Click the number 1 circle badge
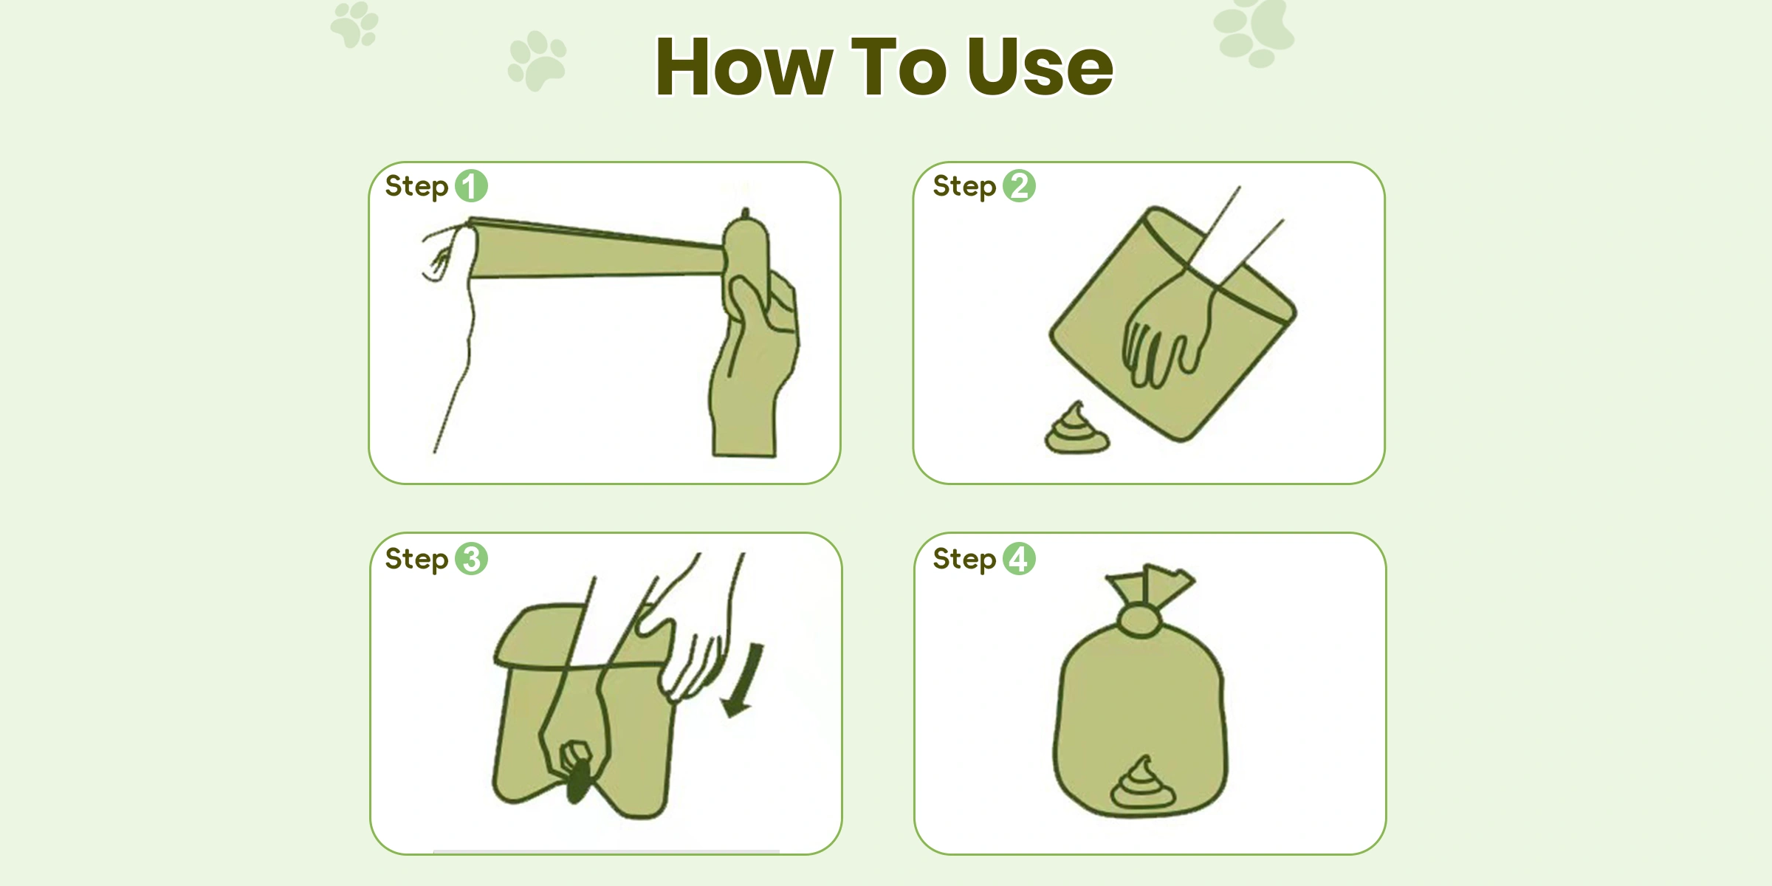pos(471,186)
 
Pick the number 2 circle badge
pos(1019,186)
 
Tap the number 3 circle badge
pos(471,559)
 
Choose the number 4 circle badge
pos(1019,559)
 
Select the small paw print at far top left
pos(354,24)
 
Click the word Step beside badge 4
pos(964,560)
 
